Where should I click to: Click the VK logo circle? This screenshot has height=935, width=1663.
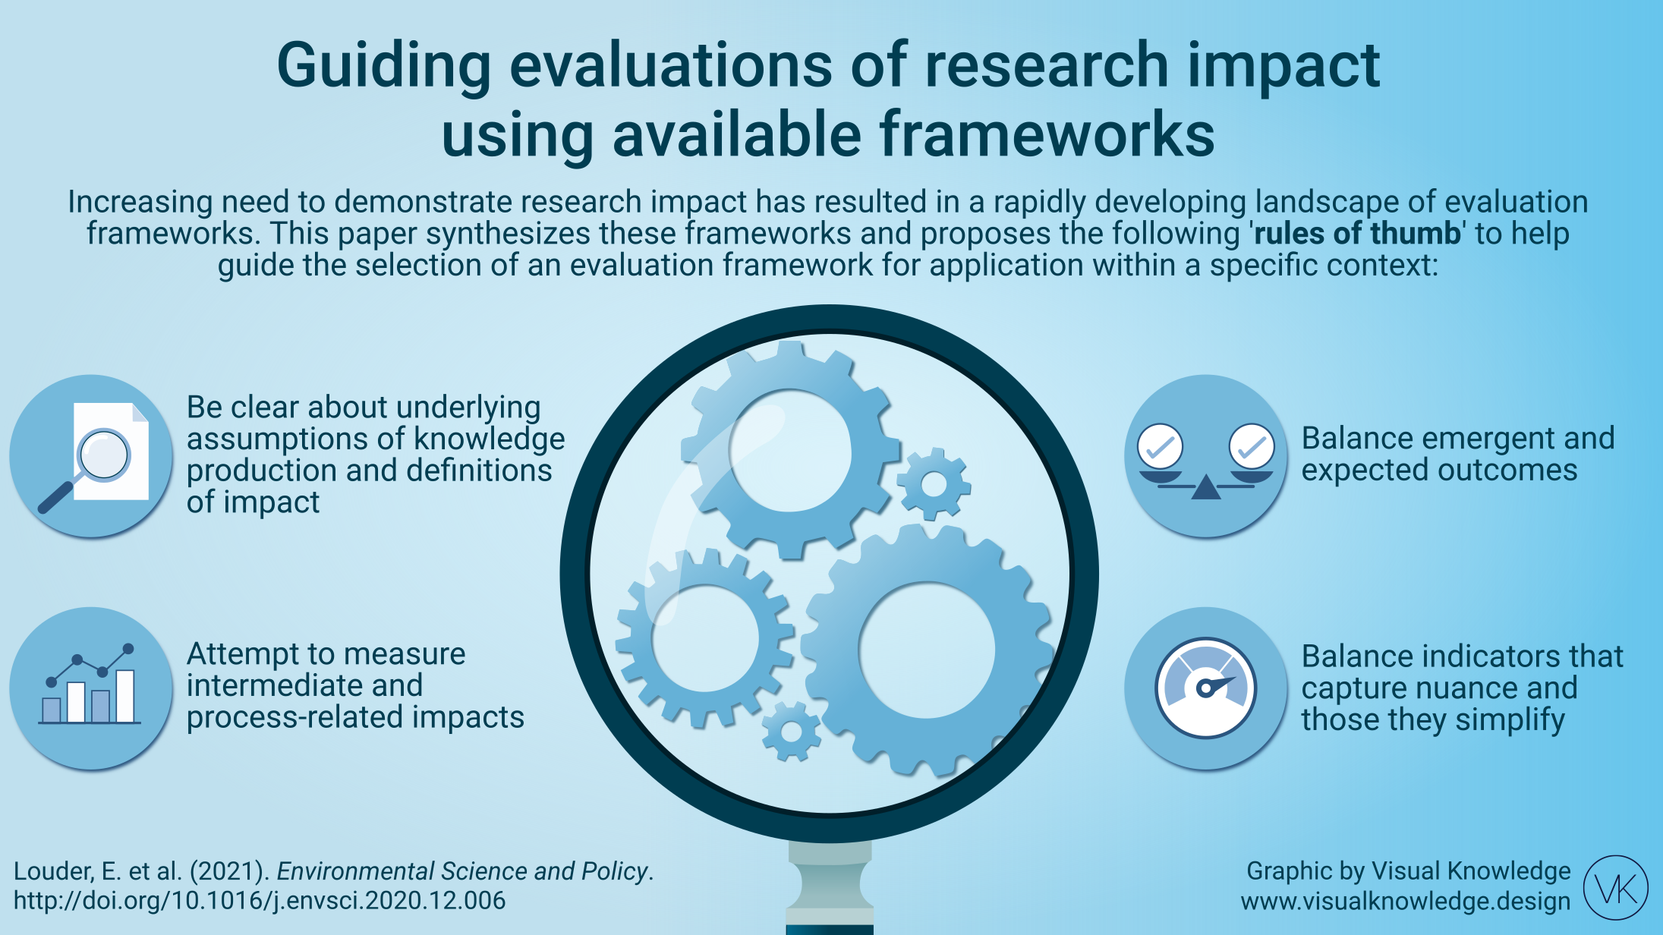1616,887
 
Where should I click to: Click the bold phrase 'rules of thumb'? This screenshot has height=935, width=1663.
1357,233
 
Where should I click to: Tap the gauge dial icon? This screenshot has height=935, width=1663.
1206,688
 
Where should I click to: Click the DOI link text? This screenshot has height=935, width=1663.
260,901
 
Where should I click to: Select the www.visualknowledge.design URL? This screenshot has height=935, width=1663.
1406,901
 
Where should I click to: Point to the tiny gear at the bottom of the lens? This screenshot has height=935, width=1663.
792,732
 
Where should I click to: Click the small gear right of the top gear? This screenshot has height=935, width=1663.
934,484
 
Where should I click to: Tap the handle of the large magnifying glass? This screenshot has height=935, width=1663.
830,888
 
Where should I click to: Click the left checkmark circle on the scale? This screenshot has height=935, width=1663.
1161,446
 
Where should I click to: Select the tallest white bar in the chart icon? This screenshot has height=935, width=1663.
125,696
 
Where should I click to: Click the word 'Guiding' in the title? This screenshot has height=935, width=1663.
384,67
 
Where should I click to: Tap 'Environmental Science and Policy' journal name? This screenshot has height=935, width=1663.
462,871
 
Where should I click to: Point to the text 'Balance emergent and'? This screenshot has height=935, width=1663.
1458,439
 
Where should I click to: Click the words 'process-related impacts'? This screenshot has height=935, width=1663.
355,717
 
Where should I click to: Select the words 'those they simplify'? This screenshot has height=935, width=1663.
1433,719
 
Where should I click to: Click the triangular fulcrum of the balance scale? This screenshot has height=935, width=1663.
1206,488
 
